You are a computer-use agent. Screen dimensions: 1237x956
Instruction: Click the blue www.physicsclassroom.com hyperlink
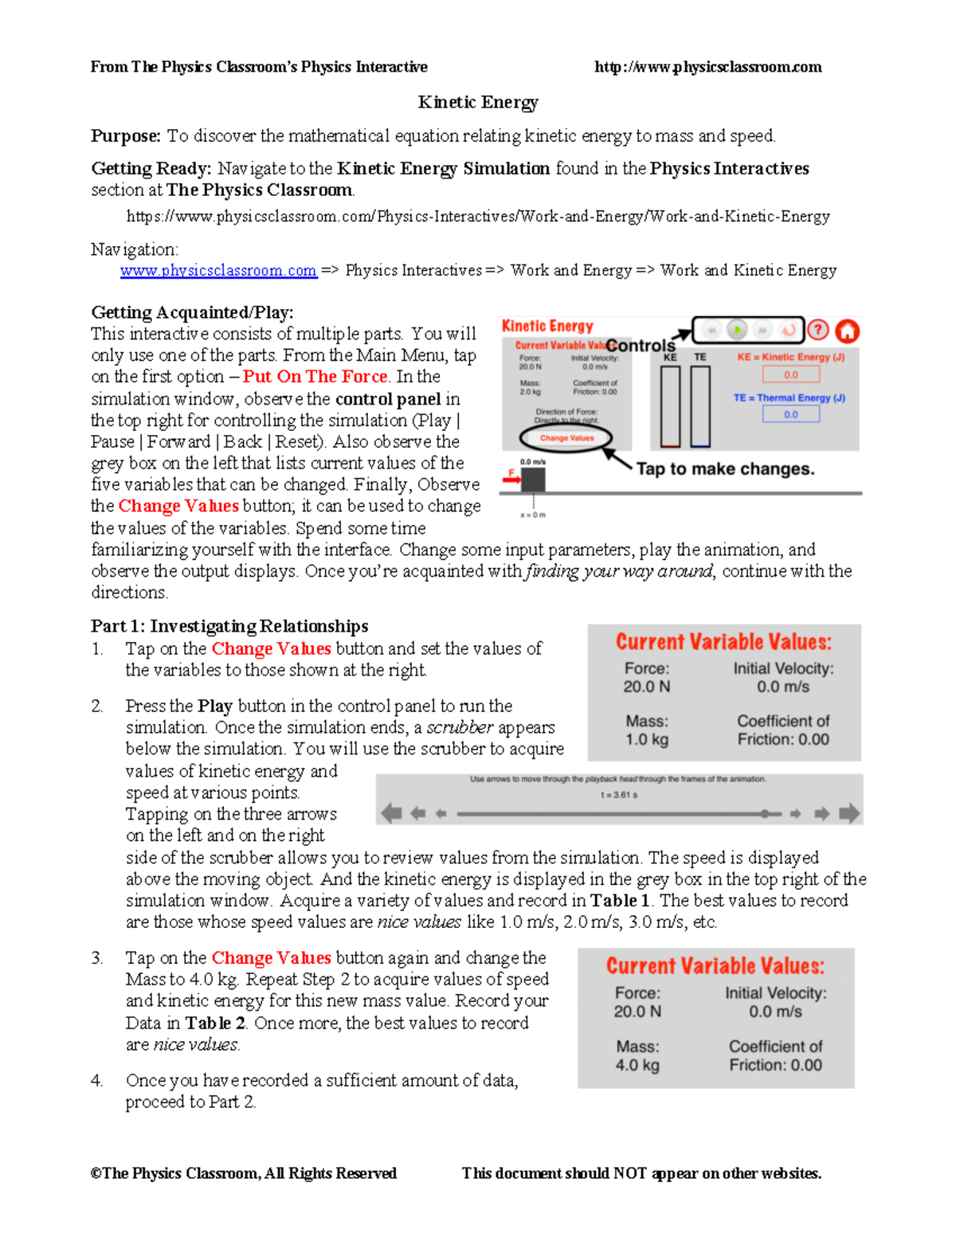(x=218, y=271)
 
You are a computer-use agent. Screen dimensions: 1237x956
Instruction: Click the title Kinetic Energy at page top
(x=478, y=102)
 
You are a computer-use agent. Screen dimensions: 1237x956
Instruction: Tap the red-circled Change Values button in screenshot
(x=566, y=438)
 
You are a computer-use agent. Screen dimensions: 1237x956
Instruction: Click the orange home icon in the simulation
(x=847, y=331)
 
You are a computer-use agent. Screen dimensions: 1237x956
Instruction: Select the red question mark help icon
(x=818, y=330)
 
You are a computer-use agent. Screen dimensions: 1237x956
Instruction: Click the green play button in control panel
(x=738, y=330)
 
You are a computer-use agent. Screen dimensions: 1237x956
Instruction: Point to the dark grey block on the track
(x=532, y=480)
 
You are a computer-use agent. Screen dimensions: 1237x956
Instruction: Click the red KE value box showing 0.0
(x=790, y=374)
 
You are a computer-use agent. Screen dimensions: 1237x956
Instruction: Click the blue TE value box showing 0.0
(x=790, y=414)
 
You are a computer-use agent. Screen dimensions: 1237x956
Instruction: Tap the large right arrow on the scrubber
(x=849, y=813)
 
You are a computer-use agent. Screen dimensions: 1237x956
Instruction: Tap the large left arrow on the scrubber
(x=391, y=813)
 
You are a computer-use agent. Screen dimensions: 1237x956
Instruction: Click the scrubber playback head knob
(x=765, y=814)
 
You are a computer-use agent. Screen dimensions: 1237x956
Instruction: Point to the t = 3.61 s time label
(x=618, y=795)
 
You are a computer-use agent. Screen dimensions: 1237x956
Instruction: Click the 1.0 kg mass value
(x=647, y=739)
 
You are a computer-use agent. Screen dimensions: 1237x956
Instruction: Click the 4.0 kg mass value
(x=637, y=1065)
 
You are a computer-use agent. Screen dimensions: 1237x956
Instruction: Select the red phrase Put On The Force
(x=315, y=377)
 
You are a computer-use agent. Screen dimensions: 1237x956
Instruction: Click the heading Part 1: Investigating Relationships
(x=229, y=626)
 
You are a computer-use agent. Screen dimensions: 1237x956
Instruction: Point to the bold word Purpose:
(x=126, y=136)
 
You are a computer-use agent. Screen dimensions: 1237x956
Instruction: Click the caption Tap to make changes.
(x=725, y=469)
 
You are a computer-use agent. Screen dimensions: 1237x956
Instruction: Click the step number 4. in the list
(x=96, y=1081)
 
